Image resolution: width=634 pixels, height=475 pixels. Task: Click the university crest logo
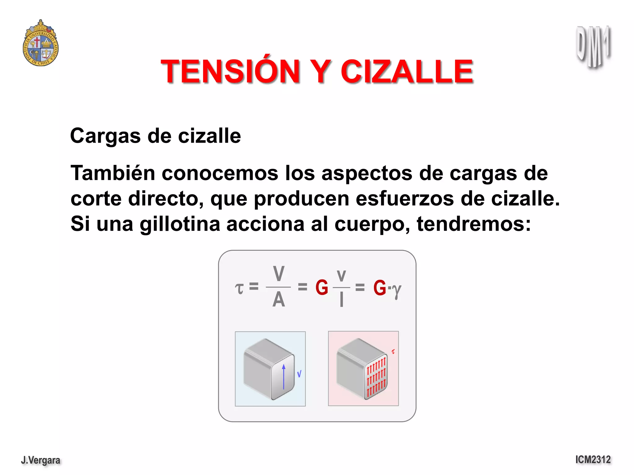coord(41,43)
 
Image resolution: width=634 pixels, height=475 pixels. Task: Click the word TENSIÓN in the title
coord(231,71)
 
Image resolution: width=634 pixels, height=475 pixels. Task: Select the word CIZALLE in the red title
coord(407,71)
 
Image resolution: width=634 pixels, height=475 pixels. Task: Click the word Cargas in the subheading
coord(105,136)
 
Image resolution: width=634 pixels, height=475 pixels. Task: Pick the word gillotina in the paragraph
coord(180,224)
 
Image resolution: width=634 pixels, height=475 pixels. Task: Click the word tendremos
coord(473,224)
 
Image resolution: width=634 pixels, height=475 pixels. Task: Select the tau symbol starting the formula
coord(239,288)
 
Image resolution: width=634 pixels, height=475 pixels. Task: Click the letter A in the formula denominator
coord(279,300)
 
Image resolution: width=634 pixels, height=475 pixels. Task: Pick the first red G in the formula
coord(322,287)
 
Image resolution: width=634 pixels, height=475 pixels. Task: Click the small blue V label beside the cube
coord(299,374)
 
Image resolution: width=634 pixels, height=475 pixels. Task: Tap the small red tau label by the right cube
coord(393,352)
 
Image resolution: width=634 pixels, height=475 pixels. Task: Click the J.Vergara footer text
coord(41,460)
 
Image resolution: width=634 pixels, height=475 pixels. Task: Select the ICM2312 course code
coord(593,460)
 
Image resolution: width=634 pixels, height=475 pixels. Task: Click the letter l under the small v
coord(341,300)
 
